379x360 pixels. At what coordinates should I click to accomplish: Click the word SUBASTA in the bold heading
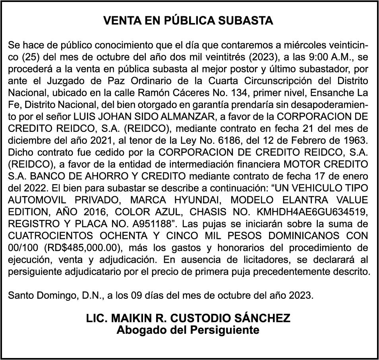click(249, 21)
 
